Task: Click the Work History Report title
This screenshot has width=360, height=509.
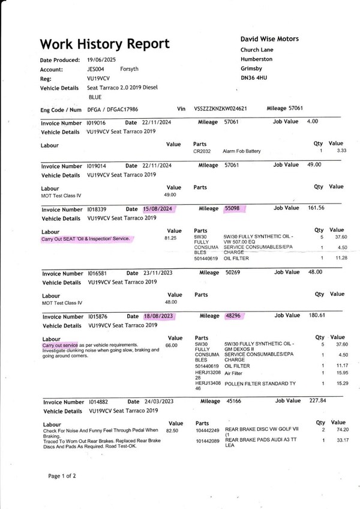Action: (104, 44)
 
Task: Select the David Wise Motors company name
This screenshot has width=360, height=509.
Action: (269, 39)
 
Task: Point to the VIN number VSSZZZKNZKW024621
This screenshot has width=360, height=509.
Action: (221, 109)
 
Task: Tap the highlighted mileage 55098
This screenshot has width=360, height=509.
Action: (232, 208)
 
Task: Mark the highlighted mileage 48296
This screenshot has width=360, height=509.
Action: (232, 316)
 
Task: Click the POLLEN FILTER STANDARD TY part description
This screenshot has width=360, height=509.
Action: (260, 382)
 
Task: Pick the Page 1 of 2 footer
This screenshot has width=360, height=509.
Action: (62, 476)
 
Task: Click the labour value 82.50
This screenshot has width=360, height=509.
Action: (173, 430)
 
